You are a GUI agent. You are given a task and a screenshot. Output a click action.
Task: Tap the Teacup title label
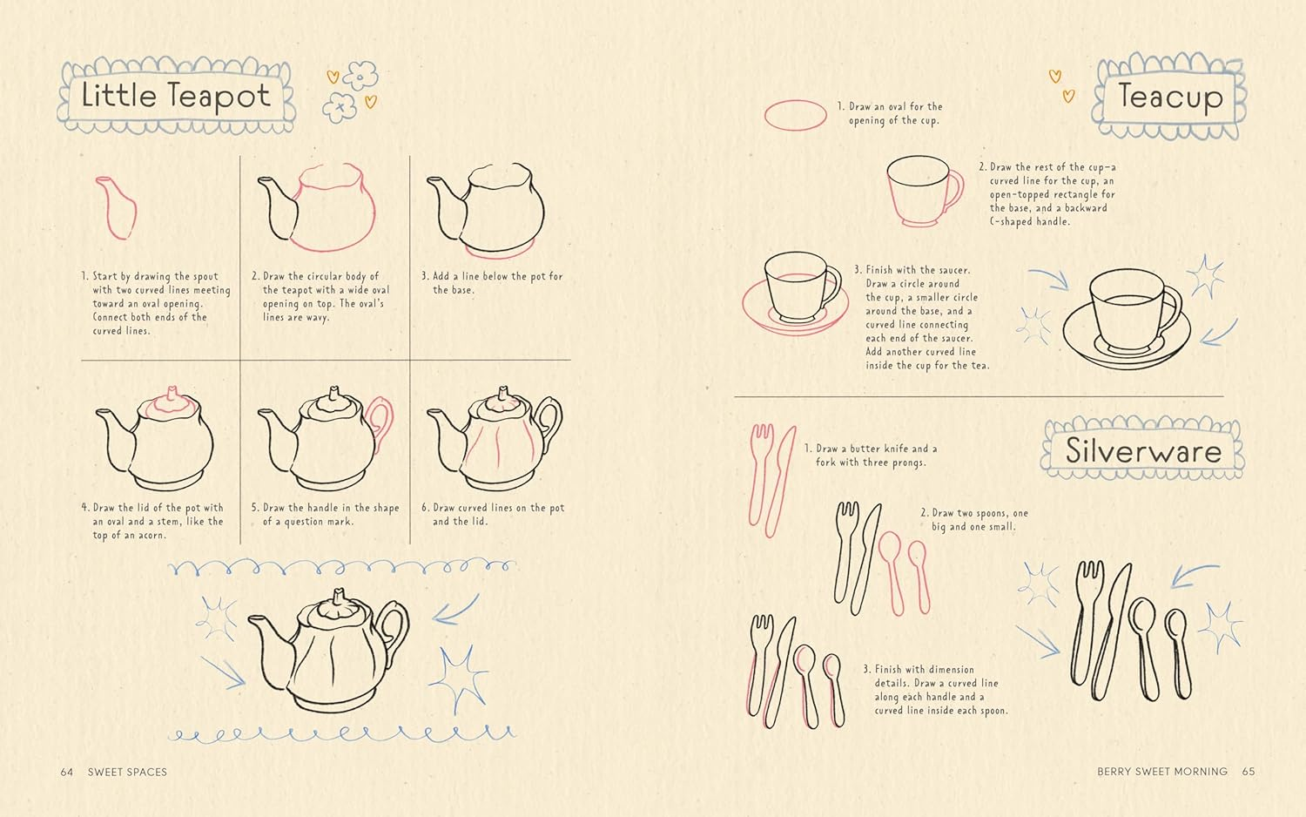[x=1170, y=96]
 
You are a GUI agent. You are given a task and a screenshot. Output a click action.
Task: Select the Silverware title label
[x=1143, y=450]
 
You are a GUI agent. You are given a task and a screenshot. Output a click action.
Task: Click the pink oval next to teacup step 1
[x=795, y=115]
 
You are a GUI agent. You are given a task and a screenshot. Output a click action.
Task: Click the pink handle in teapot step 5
[x=380, y=422]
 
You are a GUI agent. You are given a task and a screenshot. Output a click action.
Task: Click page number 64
[x=67, y=772]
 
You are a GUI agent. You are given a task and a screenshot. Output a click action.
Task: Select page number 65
[x=1249, y=772]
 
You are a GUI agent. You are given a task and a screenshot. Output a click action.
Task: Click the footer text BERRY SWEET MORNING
[x=1161, y=772]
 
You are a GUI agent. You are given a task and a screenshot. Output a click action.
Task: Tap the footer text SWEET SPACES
[x=127, y=772]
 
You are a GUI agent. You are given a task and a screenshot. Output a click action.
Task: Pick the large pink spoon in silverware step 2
[x=891, y=566]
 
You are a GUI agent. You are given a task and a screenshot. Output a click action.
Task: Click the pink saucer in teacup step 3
[x=795, y=313]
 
